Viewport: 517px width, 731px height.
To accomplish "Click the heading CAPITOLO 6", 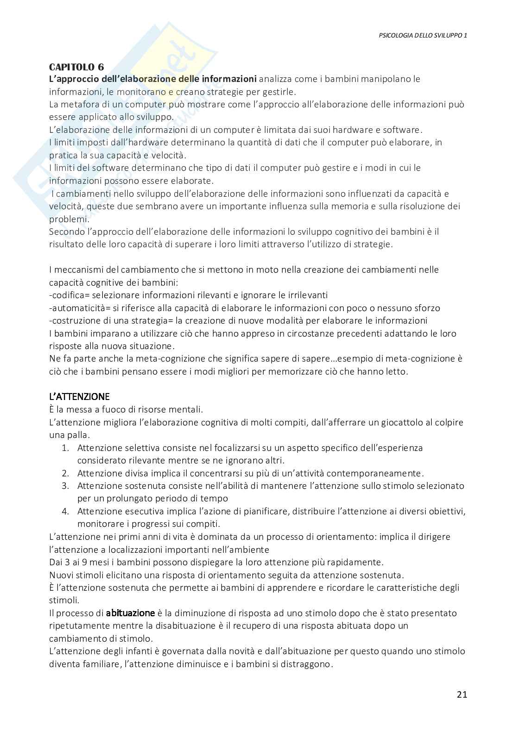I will [x=76, y=67].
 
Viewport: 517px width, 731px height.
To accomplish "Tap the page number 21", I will [x=462, y=694].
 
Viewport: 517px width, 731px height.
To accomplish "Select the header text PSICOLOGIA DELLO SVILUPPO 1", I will [x=420, y=35].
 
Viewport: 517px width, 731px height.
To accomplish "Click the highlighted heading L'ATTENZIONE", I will [x=79, y=397].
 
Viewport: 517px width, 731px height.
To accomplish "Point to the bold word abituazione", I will [x=130, y=613].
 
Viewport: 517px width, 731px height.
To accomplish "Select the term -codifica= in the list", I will [x=69, y=295].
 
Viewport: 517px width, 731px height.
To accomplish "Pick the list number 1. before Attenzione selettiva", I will [x=65, y=448].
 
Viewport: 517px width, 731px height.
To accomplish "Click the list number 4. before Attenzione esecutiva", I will [x=65, y=511].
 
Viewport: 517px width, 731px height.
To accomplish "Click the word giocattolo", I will [x=404, y=422].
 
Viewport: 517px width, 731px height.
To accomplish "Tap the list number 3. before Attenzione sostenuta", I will [x=65, y=486].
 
